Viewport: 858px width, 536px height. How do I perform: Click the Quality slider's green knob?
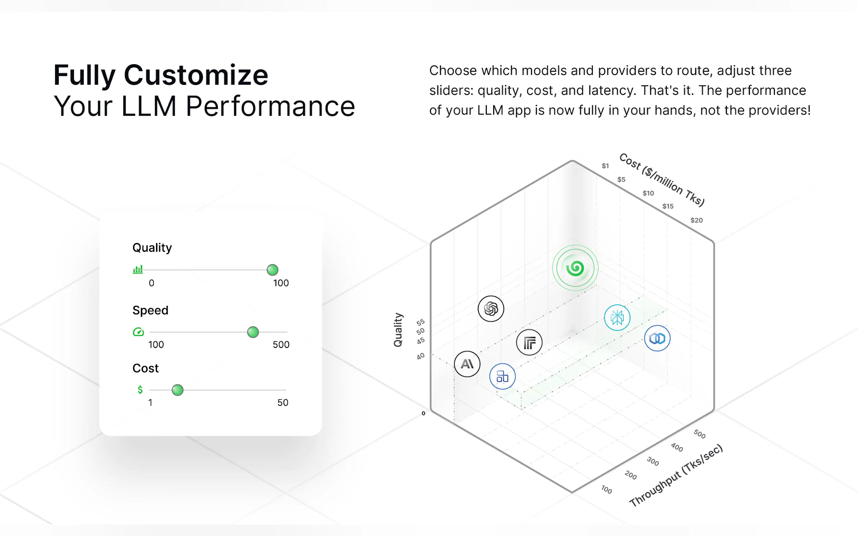point(272,270)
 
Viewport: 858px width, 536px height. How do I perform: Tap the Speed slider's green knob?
point(253,332)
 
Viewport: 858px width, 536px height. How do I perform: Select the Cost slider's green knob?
point(177,390)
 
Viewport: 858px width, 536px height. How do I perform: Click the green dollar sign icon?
point(140,390)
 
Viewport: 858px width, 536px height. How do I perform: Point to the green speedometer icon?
point(138,332)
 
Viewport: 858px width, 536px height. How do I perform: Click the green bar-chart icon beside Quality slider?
point(137,269)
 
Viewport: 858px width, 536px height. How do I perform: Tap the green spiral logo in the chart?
point(575,268)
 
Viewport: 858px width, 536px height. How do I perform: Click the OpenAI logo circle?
point(491,309)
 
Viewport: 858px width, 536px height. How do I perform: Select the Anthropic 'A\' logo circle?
point(467,364)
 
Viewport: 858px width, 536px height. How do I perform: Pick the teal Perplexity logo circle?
point(617,318)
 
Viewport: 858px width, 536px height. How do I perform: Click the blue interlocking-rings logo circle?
point(657,339)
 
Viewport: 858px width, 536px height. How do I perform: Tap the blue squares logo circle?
point(502,376)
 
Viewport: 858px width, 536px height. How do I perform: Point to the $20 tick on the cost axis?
point(697,220)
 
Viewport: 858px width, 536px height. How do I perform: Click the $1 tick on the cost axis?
point(605,165)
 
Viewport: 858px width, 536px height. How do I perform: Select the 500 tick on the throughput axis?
point(700,434)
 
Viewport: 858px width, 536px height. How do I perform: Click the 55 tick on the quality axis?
point(421,322)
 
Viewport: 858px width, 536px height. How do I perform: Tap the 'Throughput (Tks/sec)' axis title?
point(676,475)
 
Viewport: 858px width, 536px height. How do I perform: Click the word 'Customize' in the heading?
point(196,75)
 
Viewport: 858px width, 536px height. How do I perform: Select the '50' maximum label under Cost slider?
point(283,403)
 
